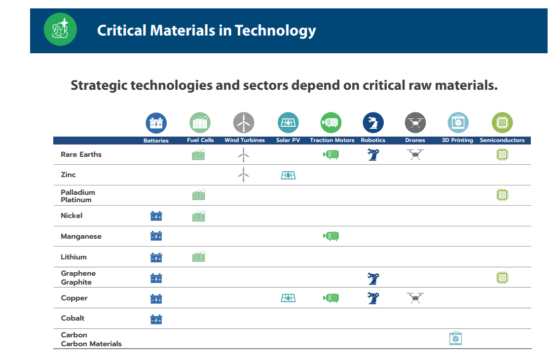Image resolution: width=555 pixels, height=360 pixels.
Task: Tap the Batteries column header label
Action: [x=156, y=141]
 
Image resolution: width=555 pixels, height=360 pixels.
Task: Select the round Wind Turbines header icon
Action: [x=244, y=123]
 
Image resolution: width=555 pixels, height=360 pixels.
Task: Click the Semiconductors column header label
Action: [x=502, y=141]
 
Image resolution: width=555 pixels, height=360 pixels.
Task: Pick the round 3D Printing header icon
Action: [x=458, y=123]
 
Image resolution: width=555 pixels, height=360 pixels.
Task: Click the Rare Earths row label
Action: [x=81, y=154]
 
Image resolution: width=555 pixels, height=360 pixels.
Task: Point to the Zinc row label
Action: [x=68, y=175]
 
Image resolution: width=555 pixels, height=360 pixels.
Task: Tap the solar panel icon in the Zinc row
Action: [x=288, y=175]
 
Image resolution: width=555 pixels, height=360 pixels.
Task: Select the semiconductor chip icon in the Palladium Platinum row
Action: [x=502, y=195]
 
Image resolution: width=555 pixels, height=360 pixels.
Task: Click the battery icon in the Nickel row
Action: [x=156, y=216]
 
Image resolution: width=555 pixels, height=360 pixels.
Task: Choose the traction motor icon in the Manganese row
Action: [x=331, y=236]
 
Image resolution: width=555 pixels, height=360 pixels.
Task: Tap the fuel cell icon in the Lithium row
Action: [x=199, y=257]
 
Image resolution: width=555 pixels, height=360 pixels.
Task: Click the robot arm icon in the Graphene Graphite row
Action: [x=373, y=278]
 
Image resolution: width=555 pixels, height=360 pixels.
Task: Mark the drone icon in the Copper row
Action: [x=415, y=298]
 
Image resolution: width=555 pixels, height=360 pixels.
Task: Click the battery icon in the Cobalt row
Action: [x=156, y=319]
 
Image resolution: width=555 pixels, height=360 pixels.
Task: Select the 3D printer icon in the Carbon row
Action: [x=455, y=339]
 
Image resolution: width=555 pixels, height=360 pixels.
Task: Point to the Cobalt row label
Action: [x=73, y=318]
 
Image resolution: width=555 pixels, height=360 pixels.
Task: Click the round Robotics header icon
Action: [x=373, y=123]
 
